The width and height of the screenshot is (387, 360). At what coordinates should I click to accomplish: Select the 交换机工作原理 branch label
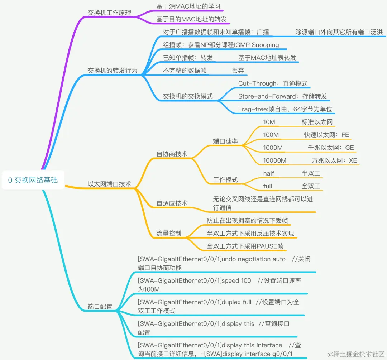pos(109,13)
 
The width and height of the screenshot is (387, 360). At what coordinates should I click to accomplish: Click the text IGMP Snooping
pos(257,45)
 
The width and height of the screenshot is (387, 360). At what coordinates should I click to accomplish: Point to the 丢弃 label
pos(238,71)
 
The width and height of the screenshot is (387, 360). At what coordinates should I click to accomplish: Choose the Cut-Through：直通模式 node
pos(273,83)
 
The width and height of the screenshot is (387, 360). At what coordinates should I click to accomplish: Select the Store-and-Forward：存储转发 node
pos(282,96)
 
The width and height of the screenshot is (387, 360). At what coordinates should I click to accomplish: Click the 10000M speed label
pos(275,160)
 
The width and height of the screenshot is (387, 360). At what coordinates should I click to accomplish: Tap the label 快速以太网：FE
pos(326,135)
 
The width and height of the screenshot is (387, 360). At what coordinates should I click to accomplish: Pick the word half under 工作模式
pos(268,173)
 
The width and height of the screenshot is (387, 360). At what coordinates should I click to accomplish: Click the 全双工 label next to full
pos(311,186)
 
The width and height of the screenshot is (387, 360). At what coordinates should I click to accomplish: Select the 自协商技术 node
pos(172,154)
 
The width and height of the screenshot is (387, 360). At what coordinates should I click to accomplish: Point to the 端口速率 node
pos(225,141)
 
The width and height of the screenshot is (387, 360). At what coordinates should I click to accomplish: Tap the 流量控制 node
pos(168,234)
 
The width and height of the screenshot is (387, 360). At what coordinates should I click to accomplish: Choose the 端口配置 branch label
pos(100,307)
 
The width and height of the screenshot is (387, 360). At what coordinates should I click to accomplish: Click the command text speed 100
pos(236,280)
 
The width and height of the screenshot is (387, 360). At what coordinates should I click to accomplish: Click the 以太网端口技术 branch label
pos(109,184)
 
